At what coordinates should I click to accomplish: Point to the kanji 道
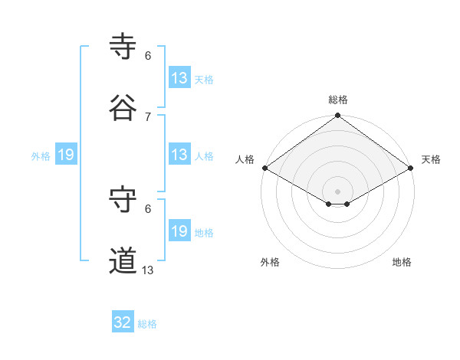[123, 261]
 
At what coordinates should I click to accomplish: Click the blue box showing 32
[123, 323]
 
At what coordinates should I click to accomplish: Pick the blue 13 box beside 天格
[179, 78]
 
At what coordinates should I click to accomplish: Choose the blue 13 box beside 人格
[179, 155]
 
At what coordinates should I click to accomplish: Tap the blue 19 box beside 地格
[179, 231]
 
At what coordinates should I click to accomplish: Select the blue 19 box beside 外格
[66, 155]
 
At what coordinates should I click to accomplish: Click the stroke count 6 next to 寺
[148, 55]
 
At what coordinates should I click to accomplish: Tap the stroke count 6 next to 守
[148, 208]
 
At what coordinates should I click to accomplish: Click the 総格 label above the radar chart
[338, 100]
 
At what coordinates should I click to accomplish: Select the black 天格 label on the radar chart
[431, 159]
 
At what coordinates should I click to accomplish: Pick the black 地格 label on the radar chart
[402, 262]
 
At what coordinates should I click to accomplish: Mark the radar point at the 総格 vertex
[337, 116]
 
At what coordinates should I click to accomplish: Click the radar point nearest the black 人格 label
[264, 168]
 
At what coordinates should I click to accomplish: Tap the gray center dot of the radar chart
[337, 191]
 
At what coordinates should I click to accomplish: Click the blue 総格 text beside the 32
[147, 324]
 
